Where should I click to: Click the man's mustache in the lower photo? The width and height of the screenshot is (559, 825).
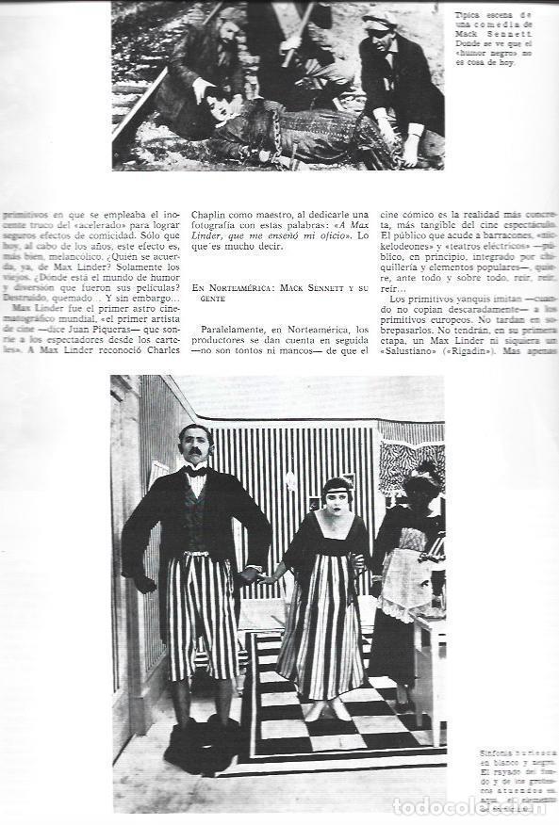194,454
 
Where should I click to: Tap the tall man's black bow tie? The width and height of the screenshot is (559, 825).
196,471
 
